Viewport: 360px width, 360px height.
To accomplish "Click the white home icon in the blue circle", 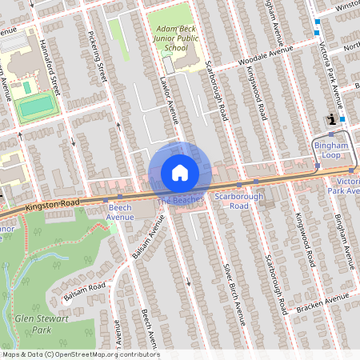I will [x=180, y=173].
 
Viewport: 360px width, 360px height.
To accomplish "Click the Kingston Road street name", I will [x=53, y=205].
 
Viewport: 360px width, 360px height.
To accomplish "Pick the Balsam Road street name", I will [x=84, y=292].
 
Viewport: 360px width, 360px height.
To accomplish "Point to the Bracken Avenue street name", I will [x=327, y=302].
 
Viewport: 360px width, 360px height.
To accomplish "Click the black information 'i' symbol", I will [x=331, y=120].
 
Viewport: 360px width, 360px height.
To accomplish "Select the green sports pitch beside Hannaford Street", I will [x=37, y=105].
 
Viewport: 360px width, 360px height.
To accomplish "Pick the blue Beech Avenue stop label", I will [x=120, y=211].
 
